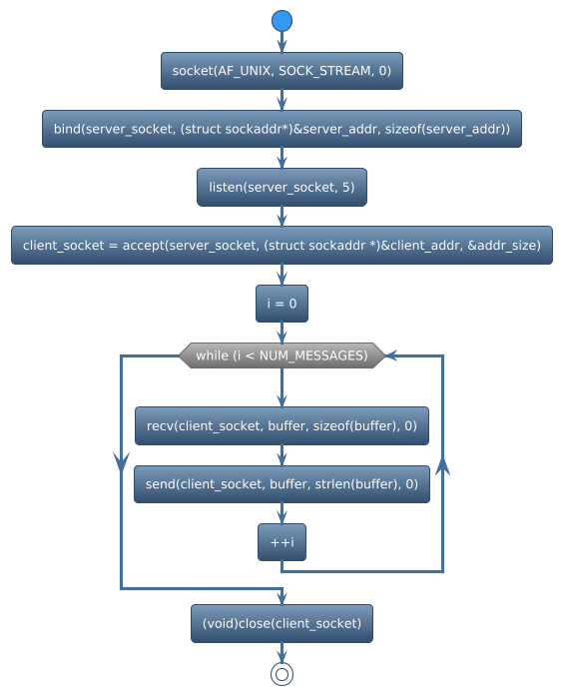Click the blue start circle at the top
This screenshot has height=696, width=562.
click(x=281, y=21)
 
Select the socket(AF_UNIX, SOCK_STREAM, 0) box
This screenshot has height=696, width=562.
click(x=281, y=71)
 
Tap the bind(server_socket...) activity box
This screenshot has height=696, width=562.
click(x=281, y=129)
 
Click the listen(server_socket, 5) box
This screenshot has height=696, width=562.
click(x=281, y=187)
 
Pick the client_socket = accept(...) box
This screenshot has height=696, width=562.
click(x=281, y=245)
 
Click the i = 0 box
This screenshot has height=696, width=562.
click(x=281, y=303)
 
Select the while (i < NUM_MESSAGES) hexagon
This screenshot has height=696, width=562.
click(x=281, y=355)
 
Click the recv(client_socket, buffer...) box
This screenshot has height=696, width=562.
click(x=281, y=425)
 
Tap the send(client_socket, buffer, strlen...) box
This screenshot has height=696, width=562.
click(x=281, y=483)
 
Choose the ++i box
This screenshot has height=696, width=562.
click(x=281, y=542)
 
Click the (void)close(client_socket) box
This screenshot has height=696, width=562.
click(x=281, y=623)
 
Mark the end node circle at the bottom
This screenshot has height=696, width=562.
click(x=281, y=674)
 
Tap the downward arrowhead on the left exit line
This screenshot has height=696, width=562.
click(x=121, y=459)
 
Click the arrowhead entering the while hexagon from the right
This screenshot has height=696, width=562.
click(x=392, y=355)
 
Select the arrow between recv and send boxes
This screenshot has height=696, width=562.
click(x=281, y=455)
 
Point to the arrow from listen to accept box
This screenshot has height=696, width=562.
click(x=281, y=216)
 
